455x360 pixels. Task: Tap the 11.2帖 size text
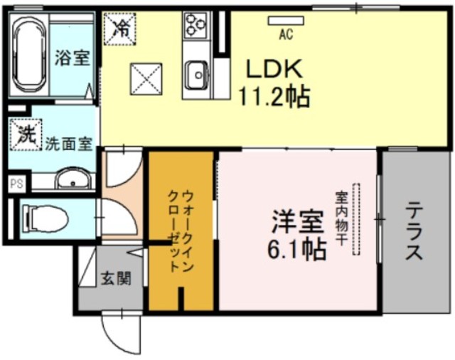tap(277, 96)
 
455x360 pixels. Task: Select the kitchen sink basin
tap(196, 73)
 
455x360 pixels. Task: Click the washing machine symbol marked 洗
tap(26, 134)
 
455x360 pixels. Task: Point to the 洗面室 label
tap(68, 143)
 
